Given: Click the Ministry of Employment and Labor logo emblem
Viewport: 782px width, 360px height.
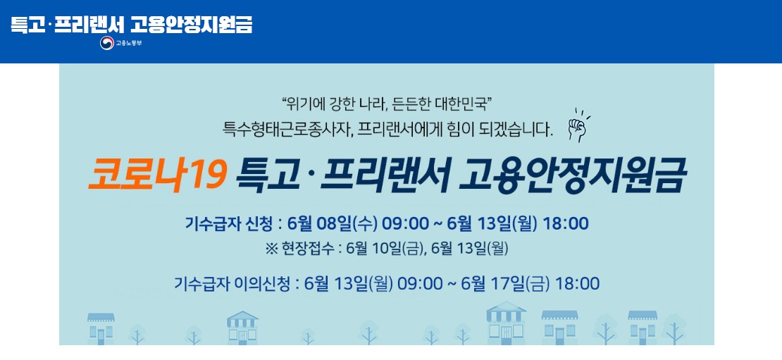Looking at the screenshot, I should point(107,44).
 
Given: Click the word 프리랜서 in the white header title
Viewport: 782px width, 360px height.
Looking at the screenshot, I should point(93,24).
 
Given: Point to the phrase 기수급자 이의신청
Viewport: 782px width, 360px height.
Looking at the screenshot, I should point(232,284).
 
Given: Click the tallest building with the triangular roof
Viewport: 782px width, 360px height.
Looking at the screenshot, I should point(506,323).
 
